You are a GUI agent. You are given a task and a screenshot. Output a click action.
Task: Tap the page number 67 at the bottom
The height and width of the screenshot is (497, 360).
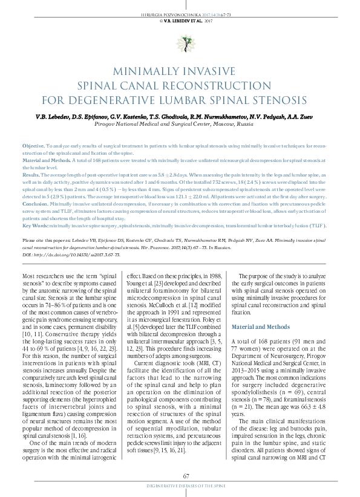[180, 478]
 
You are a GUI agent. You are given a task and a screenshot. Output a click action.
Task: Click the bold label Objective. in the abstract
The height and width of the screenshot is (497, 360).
[33, 147]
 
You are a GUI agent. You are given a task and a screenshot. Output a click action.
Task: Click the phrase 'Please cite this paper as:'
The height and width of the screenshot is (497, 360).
[45, 241]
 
